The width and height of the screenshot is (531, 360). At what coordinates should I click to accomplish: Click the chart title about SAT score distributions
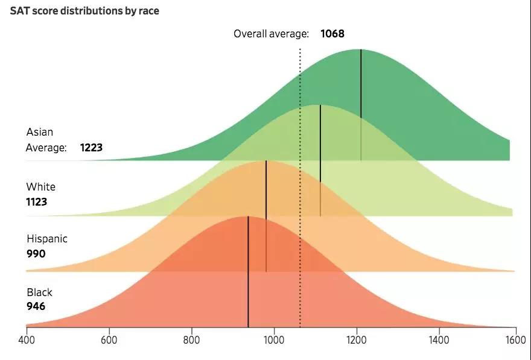[84, 11]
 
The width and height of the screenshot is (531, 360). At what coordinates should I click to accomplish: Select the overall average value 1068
[332, 34]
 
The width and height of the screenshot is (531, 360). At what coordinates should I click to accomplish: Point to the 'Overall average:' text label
[271, 34]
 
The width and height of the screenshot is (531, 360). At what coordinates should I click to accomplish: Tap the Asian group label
[40, 132]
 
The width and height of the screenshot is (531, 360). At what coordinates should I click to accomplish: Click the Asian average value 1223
[95, 147]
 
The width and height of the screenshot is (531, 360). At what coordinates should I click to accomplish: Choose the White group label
[40, 187]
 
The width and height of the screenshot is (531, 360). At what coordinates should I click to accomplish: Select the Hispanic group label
[46, 239]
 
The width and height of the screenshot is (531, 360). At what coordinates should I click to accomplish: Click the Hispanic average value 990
[36, 254]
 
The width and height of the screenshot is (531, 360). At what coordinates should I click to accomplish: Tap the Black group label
[39, 292]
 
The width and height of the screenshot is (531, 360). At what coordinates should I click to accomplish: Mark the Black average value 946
[36, 306]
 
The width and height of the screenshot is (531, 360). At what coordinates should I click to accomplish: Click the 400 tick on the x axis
[27, 339]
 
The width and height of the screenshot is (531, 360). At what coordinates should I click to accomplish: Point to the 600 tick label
[109, 339]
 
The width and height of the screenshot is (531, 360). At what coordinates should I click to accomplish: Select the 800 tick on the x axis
[192, 339]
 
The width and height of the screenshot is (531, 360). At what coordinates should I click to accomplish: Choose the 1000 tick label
[275, 339]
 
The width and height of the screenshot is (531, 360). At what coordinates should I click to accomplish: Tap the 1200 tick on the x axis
[357, 339]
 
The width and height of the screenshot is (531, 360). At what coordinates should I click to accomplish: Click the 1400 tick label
[439, 339]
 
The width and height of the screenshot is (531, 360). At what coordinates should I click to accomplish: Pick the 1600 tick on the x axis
[516, 339]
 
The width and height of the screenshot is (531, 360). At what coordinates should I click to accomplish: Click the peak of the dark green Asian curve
[361, 50]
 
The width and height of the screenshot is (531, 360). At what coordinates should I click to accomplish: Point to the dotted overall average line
[300, 181]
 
